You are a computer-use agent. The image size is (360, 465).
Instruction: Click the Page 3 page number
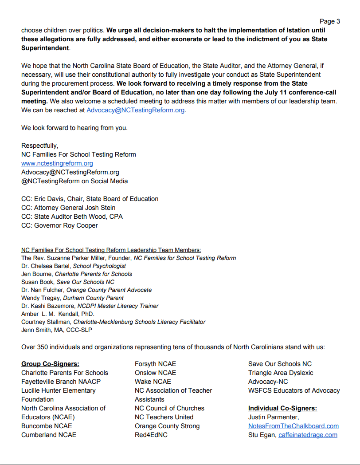coord(329,21)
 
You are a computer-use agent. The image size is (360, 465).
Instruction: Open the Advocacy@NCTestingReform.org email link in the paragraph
coord(135,110)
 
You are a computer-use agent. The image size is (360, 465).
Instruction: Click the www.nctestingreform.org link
coord(57,163)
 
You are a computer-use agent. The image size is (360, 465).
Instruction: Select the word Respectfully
coord(39,146)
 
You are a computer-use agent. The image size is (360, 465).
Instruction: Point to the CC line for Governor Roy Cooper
coord(59,225)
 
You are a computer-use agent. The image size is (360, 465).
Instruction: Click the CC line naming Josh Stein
coord(68,208)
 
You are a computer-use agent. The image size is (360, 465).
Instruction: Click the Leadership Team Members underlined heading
coord(111,250)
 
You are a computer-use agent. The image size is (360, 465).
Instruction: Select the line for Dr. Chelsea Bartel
coord(73,266)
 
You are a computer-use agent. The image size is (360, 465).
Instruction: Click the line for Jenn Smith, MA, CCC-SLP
coord(56,330)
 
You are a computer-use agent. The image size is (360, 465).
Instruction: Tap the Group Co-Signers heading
coord(50,364)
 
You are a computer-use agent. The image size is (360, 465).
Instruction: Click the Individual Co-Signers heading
coord(282,408)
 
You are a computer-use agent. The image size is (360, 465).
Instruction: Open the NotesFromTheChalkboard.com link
coord(293,426)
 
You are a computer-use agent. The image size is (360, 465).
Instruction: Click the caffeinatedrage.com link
coord(308,435)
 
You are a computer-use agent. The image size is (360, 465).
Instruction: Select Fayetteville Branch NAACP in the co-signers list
coord(61,382)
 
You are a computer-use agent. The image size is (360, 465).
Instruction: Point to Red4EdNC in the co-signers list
coord(151,435)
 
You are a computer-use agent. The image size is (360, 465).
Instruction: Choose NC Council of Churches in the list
coord(169,408)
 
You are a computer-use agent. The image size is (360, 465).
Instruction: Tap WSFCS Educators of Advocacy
coord(294,390)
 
